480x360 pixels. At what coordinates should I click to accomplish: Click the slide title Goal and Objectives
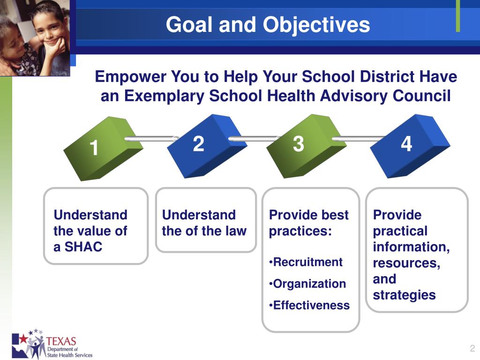(268, 25)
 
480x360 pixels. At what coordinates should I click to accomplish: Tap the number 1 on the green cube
(94, 148)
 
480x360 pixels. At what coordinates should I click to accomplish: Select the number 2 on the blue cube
(199, 143)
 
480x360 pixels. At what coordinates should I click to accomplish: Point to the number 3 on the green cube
(299, 143)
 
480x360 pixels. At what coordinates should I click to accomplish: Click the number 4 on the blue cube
(406, 143)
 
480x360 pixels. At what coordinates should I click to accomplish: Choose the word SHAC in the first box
(83, 247)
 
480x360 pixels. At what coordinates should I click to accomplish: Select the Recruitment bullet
(306, 262)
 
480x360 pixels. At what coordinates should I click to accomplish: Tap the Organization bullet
(307, 284)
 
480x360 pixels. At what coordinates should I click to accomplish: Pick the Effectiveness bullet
(309, 305)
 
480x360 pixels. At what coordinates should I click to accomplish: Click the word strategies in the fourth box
(404, 295)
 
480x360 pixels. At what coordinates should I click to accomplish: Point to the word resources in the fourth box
(406, 263)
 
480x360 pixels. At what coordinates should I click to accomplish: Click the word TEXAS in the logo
(61, 341)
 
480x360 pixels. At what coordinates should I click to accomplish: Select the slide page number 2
(472, 348)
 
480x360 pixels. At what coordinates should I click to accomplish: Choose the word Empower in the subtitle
(130, 76)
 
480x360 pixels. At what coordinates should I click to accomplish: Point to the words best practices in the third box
(308, 223)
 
